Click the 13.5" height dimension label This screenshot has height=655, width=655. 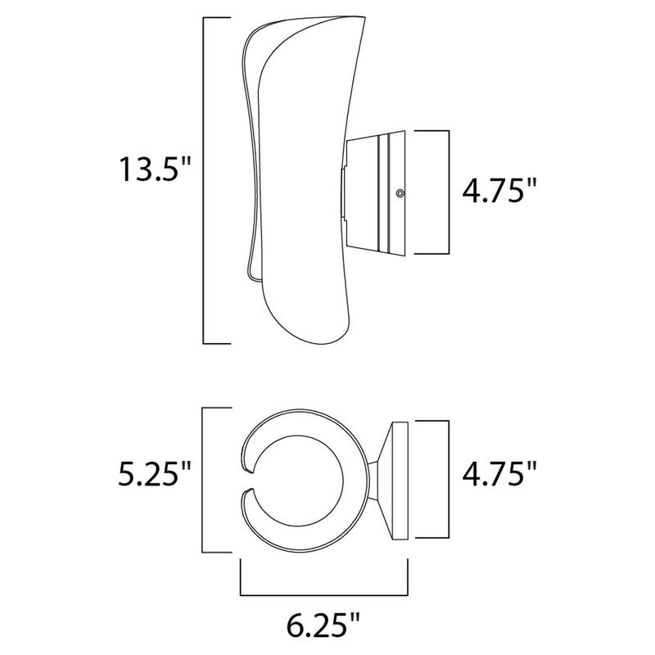click(153, 170)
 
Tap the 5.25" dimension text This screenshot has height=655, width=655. click(153, 474)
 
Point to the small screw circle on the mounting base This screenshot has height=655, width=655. click(399, 193)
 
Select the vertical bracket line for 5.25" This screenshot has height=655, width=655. click(204, 479)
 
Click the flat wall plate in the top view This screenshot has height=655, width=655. click(401, 479)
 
